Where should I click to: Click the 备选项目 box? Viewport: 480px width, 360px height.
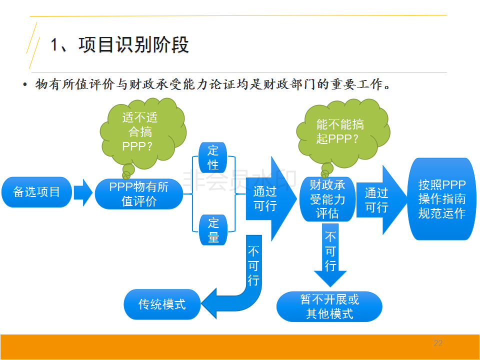pyautogui.click(x=36, y=192)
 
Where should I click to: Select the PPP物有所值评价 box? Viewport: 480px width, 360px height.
pyautogui.click(x=139, y=194)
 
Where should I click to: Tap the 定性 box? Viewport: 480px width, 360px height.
pyautogui.click(x=213, y=157)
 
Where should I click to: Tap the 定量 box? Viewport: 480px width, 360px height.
pyautogui.click(x=213, y=230)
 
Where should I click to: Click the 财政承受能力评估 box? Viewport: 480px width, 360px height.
pyautogui.click(x=327, y=199)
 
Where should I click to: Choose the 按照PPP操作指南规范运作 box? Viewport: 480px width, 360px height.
pyautogui.click(x=442, y=199)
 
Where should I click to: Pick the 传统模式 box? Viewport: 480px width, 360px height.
pyautogui.click(x=162, y=304)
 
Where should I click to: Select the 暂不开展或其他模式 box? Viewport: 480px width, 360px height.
pyautogui.click(x=329, y=306)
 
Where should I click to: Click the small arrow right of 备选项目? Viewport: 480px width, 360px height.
pyautogui.click(x=82, y=192)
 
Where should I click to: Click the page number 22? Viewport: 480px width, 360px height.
pyautogui.click(x=438, y=343)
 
